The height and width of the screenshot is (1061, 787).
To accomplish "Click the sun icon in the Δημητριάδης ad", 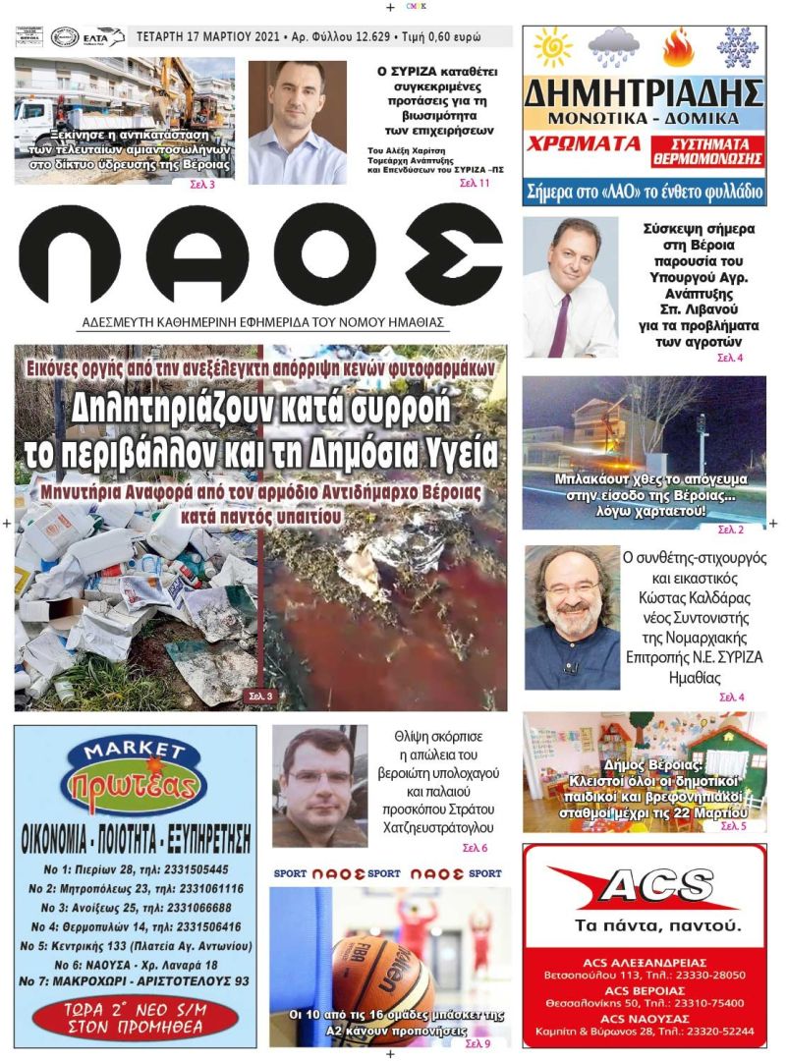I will tap(552, 47).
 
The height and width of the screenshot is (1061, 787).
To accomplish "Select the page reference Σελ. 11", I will tap(476, 183).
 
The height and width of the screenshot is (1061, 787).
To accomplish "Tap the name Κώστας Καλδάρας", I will tap(688, 598).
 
